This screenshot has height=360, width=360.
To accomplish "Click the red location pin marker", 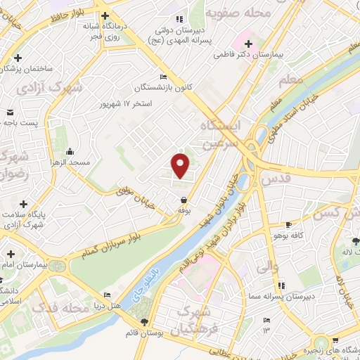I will click(181, 165).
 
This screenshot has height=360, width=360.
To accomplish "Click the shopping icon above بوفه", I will click(184, 200).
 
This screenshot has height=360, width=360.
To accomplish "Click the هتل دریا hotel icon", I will click(107, 295).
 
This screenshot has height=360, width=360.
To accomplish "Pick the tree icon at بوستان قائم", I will click(145, 322).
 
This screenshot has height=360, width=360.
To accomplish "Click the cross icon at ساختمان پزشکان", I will click(17, 58).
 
